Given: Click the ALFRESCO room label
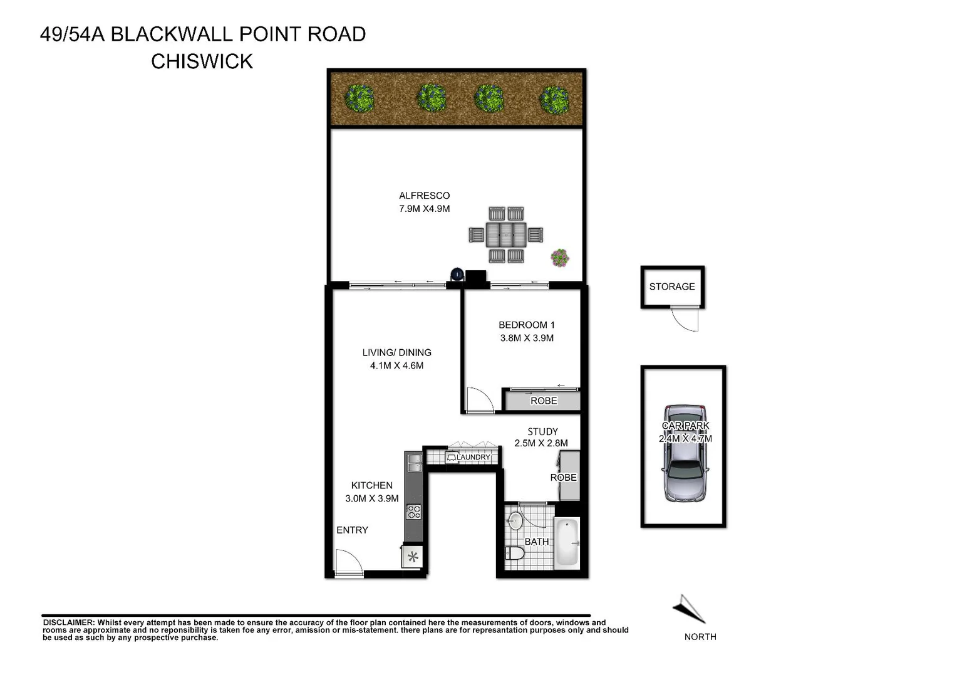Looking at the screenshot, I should (424, 196).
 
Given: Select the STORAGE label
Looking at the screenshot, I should (672, 286).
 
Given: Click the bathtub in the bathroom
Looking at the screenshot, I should (567, 542).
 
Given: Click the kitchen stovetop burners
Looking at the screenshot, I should (414, 512).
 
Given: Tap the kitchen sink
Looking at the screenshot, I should (413, 463).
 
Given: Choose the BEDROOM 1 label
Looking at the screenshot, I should (526, 325).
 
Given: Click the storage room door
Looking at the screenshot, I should (685, 319).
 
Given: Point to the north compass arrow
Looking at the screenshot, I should (690, 608).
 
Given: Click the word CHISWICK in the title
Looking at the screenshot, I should (202, 61).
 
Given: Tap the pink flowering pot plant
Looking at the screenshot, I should (560, 257).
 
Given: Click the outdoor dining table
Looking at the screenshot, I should (507, 234).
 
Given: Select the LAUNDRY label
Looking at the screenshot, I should (473, 458).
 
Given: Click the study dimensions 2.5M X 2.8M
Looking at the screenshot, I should (541, 443).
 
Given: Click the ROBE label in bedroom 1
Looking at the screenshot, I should (544, 401).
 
